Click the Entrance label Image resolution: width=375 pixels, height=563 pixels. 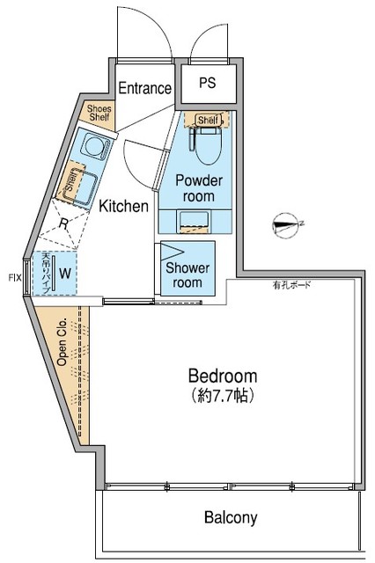pyautogui.click(x=145, y=88)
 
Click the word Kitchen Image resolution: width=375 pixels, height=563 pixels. pyautogui.click(x=122, y=207)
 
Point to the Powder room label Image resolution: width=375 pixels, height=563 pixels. pyautogui.click(x=199, y=188)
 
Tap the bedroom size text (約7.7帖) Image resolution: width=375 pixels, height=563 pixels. pyautogui.click(x=222, y=396)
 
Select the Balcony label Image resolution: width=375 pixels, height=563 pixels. pyautogui.click(x=232, y=517)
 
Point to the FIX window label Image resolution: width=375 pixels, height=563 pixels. pyautogui.click(x=13, y=278)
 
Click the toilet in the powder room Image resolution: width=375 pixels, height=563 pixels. pyautogui.click(x=209, y=145)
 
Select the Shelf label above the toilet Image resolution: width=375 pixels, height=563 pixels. pyautogui.click(x=208, y=121)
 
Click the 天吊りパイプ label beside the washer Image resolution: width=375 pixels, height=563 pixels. pyautogui.click(x=46, y=273)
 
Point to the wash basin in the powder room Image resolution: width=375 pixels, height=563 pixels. pyautogui.click(x=197, y=220)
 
